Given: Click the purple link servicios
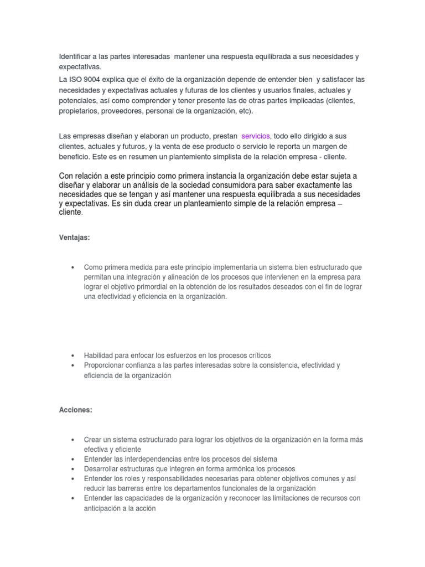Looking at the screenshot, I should tap(256, 136).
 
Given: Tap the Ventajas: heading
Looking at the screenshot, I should tap(75, 222).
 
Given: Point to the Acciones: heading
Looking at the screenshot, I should tap(75, 410).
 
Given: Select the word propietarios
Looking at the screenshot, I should tap(78, 111).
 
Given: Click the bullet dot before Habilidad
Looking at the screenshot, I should tap(73, 355).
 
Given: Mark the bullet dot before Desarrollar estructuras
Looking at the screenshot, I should tap(73, 469).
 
